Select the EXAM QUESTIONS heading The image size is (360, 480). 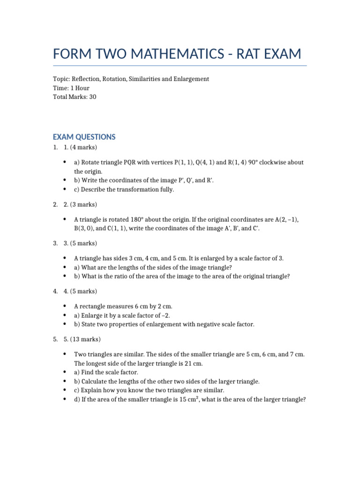84,137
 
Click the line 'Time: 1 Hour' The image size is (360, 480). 71,88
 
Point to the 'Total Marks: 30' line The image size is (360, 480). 75,97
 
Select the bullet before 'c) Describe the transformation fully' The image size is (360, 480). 64,189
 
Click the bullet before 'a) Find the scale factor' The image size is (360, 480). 64,372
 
